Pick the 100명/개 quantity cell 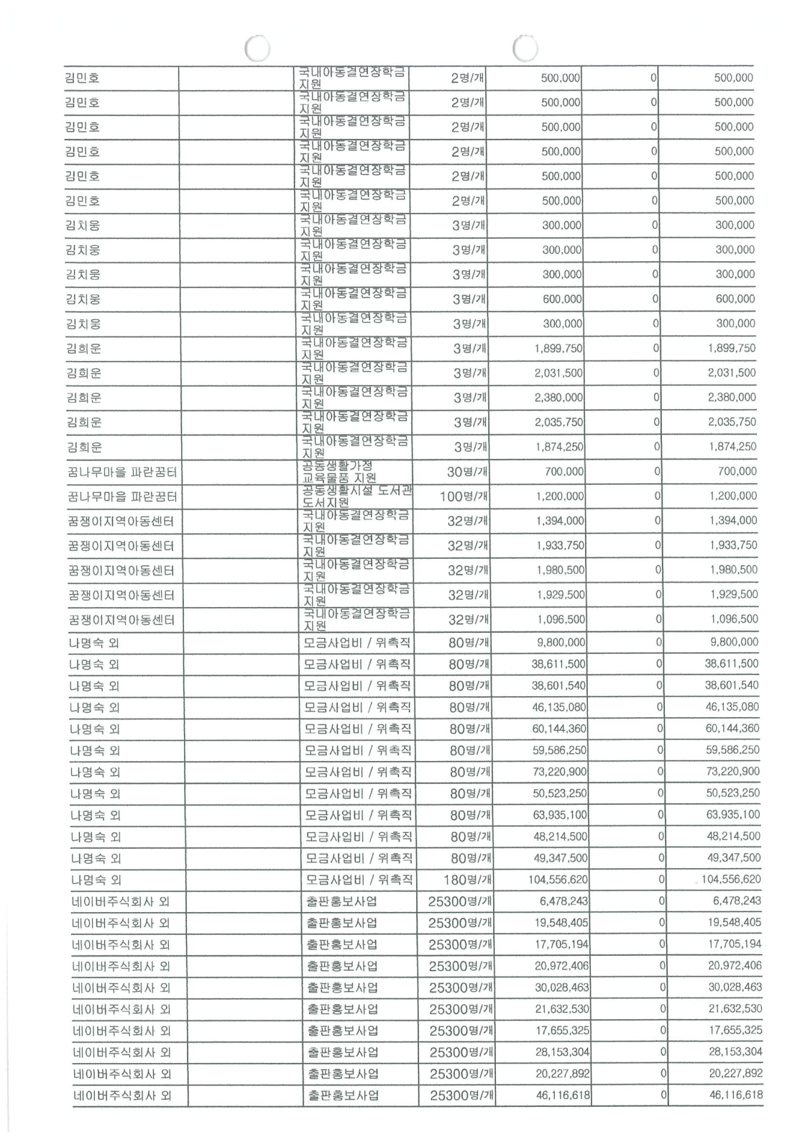tap(464, 496)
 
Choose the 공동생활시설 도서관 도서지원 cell tap(356, 496)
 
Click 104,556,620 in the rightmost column tap(731, 880)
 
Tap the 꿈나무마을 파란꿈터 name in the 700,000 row tap(122, 473)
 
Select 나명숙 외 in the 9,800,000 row tap(94, 643)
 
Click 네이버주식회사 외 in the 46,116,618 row tap(121, 1096)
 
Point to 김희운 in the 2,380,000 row tap(84, 398)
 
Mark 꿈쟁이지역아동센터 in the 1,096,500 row tap(121, 620)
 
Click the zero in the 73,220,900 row tap(659, 772)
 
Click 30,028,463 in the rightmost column tap(735, 988)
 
